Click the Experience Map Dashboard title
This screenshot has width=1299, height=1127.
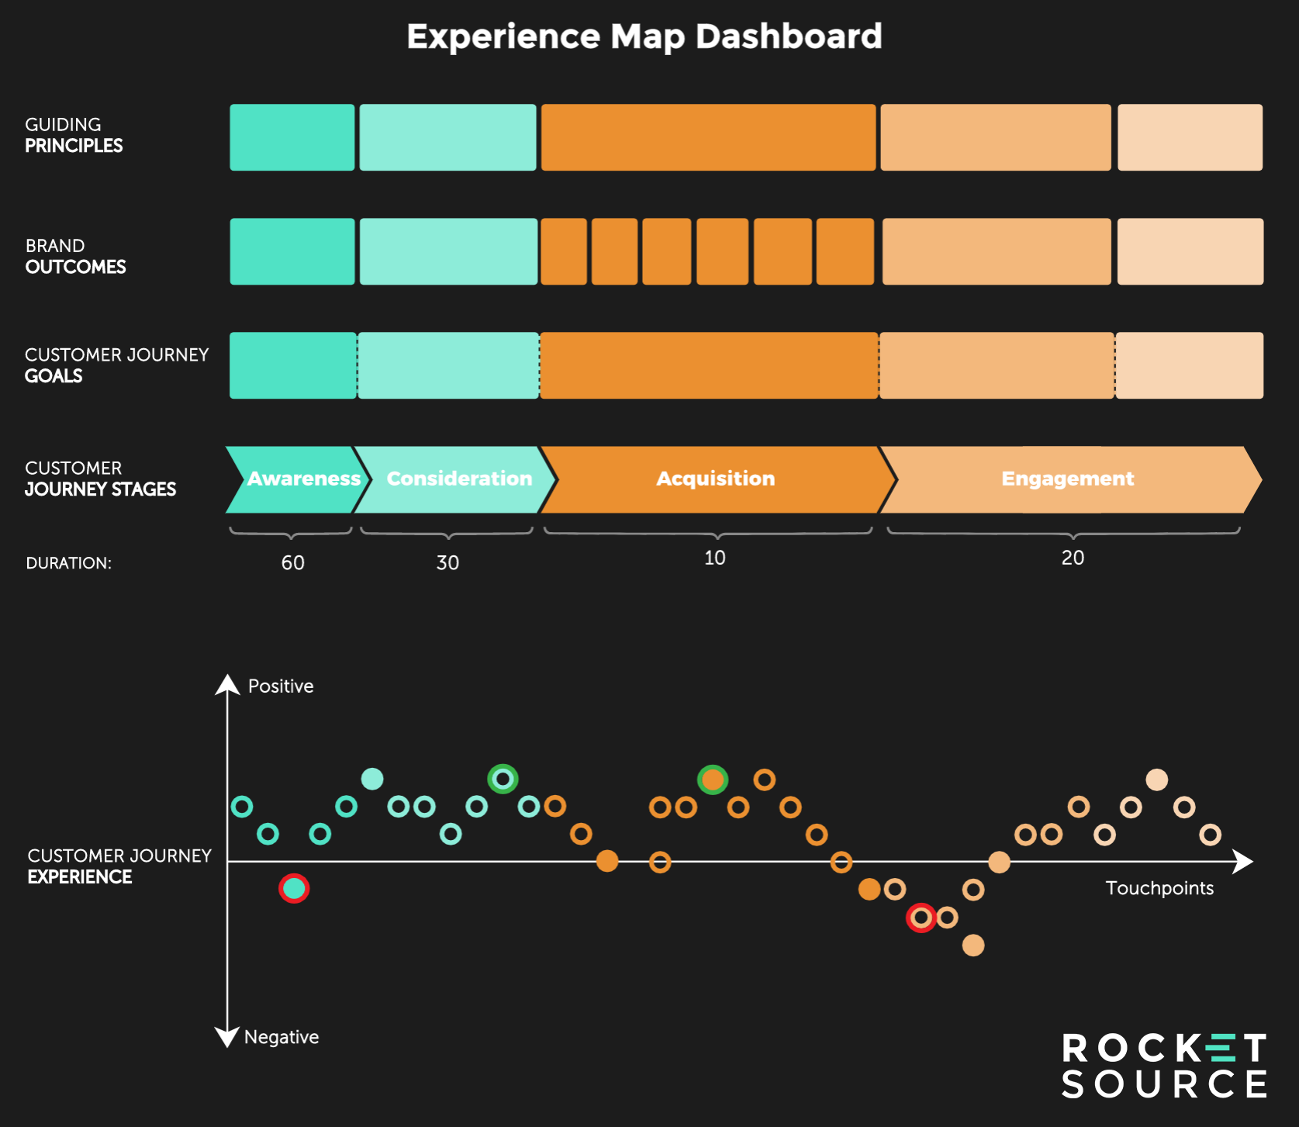coord(644,36)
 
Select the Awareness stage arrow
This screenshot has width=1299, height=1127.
coord(299,479)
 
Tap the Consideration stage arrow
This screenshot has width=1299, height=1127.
coord(458,479)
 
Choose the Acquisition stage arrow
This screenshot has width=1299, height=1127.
coord(715,479)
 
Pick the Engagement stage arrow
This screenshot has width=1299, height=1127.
coord(1067,479)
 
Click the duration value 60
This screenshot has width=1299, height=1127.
coord(292,563)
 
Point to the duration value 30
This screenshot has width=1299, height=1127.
coord(447,563)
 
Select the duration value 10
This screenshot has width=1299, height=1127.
coord(714,558)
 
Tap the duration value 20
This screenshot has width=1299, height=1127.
coord(1073,558)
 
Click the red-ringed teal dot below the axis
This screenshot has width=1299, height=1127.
coord(294,888)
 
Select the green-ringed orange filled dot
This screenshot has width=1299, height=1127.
coord(712,780)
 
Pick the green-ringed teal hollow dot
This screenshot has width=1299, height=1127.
coord(503,779)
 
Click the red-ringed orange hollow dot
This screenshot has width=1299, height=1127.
coord(921,918)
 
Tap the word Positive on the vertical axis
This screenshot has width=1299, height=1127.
coord(281,686)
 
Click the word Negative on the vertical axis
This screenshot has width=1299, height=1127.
coord(282,1037)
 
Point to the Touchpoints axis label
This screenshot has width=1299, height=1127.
coord(1159,888)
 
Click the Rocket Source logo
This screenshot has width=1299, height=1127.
coord(1163,1066)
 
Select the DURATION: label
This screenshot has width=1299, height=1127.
coord(69,563)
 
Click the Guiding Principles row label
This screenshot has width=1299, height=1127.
coord(74,135)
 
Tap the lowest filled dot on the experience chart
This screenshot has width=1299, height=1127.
coord(973,946)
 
